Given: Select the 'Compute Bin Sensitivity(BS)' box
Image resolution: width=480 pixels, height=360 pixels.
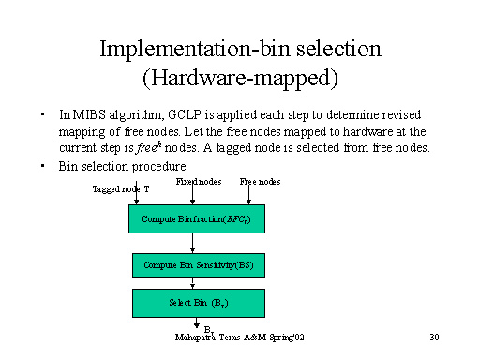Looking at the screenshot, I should (191, 266).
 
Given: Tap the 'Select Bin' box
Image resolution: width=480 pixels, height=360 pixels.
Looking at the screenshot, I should (191, 303).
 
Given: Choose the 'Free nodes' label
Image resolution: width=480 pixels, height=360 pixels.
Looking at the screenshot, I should (260, 181).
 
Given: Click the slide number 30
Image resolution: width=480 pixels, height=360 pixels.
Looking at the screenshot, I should (434, 336).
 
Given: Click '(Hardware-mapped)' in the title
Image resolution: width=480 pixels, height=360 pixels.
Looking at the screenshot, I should (239, 77).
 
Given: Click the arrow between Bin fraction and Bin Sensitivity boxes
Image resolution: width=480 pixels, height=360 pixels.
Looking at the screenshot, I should (191, 243).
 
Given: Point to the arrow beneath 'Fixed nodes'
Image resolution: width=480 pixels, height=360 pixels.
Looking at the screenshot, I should (192, 194).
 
